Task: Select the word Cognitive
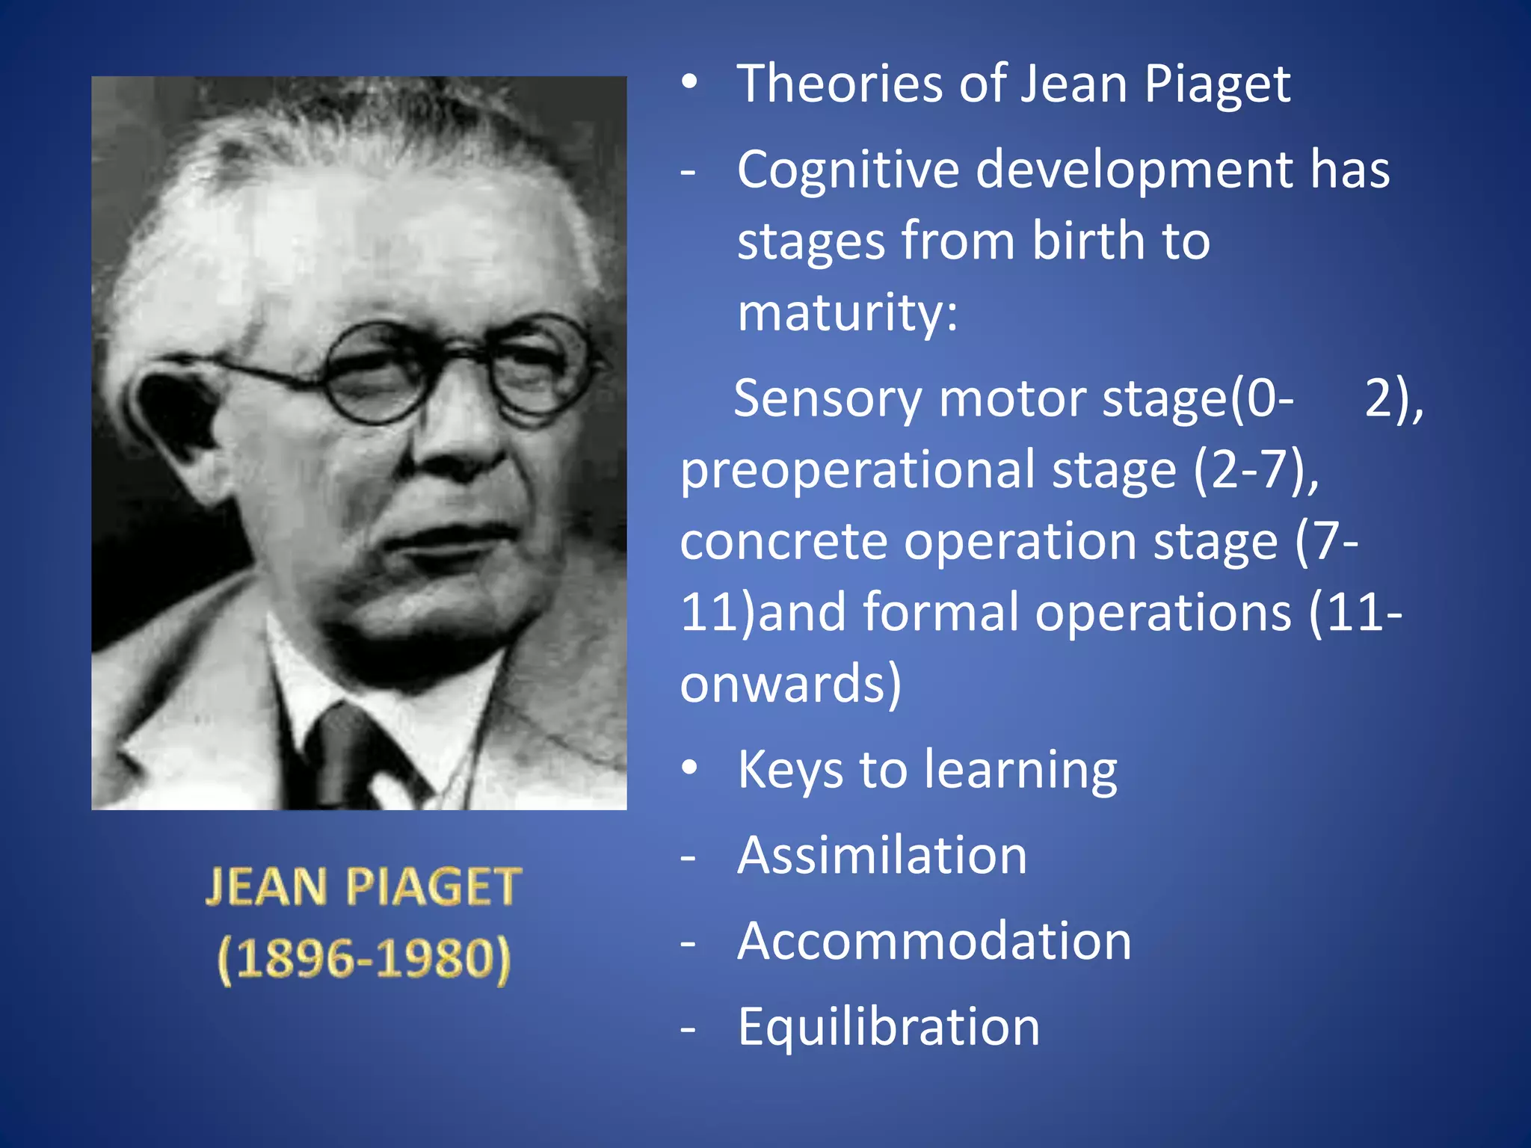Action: point(848,170)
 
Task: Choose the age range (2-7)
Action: point(1255,469)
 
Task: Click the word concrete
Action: point(783,541)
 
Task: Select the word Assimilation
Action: point(882,855)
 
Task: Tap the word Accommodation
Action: point(934,941)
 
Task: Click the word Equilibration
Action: point(889,1027)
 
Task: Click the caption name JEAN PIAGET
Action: point(363,887)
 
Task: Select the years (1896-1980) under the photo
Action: point(364,959)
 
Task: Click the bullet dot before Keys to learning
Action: point(689,768)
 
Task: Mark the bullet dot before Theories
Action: point(689,81)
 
